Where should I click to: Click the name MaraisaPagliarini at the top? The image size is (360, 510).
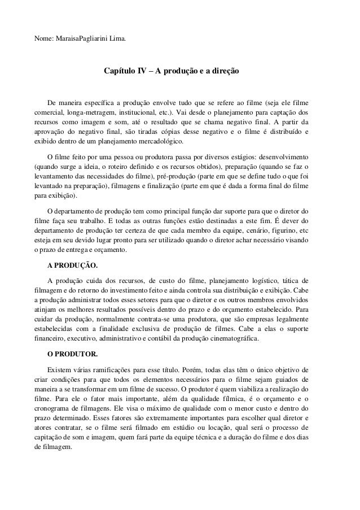tap(80, 40)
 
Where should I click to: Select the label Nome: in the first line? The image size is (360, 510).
tap(43, 40)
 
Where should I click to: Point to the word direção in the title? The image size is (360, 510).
tap(223, 72)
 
